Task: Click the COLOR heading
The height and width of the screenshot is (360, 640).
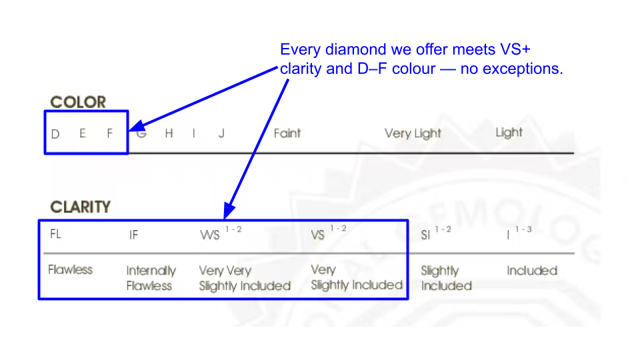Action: [78, 102]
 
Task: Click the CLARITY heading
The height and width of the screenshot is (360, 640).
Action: [80, 207]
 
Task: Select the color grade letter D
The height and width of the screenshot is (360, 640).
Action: [55, 133]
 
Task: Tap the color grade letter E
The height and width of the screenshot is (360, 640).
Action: [83, 133]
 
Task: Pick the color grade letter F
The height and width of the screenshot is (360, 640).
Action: [111, 133]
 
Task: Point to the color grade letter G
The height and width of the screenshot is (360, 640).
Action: [141, 133]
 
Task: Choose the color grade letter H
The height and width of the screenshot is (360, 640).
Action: [169, 133]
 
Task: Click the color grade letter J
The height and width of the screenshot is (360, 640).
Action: [221, 133]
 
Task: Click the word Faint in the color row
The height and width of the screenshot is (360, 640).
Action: [287, 133]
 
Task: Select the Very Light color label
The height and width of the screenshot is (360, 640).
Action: [413, 133]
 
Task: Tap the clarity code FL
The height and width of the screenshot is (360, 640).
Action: [56, 234]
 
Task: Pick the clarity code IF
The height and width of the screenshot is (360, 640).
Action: [134, 235]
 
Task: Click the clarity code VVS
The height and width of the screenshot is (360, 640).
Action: [210, 235]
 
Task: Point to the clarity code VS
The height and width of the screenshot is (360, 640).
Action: [318, 235]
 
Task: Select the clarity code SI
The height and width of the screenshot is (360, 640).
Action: [425, 235]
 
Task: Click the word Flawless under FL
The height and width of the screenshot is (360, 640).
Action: [70, 270]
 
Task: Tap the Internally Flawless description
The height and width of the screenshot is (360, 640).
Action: [151, 278]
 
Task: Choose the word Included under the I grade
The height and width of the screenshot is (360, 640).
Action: [531, 271]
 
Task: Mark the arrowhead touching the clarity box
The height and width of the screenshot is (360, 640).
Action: [228, 212]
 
